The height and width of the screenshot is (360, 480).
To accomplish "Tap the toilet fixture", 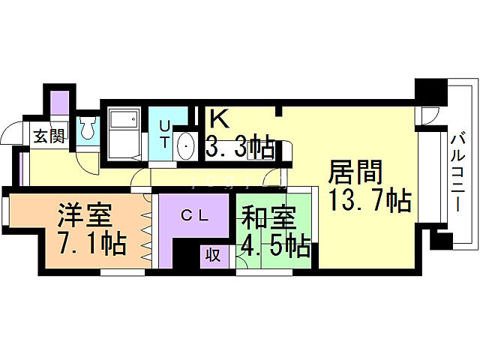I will tap(86, 130).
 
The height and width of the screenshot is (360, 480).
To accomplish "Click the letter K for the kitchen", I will tap(217, 119).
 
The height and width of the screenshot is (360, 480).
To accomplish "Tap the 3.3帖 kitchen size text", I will tap(240, 146).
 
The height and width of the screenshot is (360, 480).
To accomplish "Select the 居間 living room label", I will tap(355, 173).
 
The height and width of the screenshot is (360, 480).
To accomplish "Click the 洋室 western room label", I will tap(85, 214).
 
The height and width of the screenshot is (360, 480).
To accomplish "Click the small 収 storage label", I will tap(214, 255).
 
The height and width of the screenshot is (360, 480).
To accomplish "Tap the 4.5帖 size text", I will tap(274, 245).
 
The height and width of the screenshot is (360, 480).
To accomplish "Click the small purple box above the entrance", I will tap(60, 102).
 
